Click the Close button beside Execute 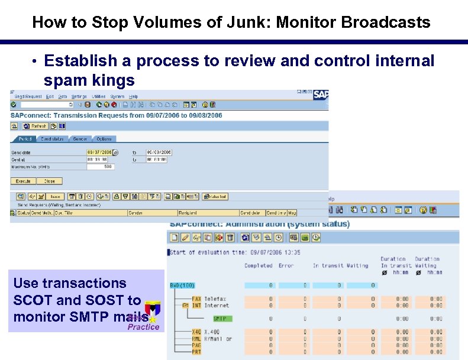coord(49,181)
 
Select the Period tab coord(25,139)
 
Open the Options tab coord(104,139)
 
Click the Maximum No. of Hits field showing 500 coord(100,167)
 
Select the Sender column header coord(135,213)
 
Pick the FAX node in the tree coord(196,299)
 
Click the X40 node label coord(196,332)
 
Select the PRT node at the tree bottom coord(196,352)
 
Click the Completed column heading coord(258,266)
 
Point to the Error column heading coord(286,266)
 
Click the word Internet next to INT coord(217,306)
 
